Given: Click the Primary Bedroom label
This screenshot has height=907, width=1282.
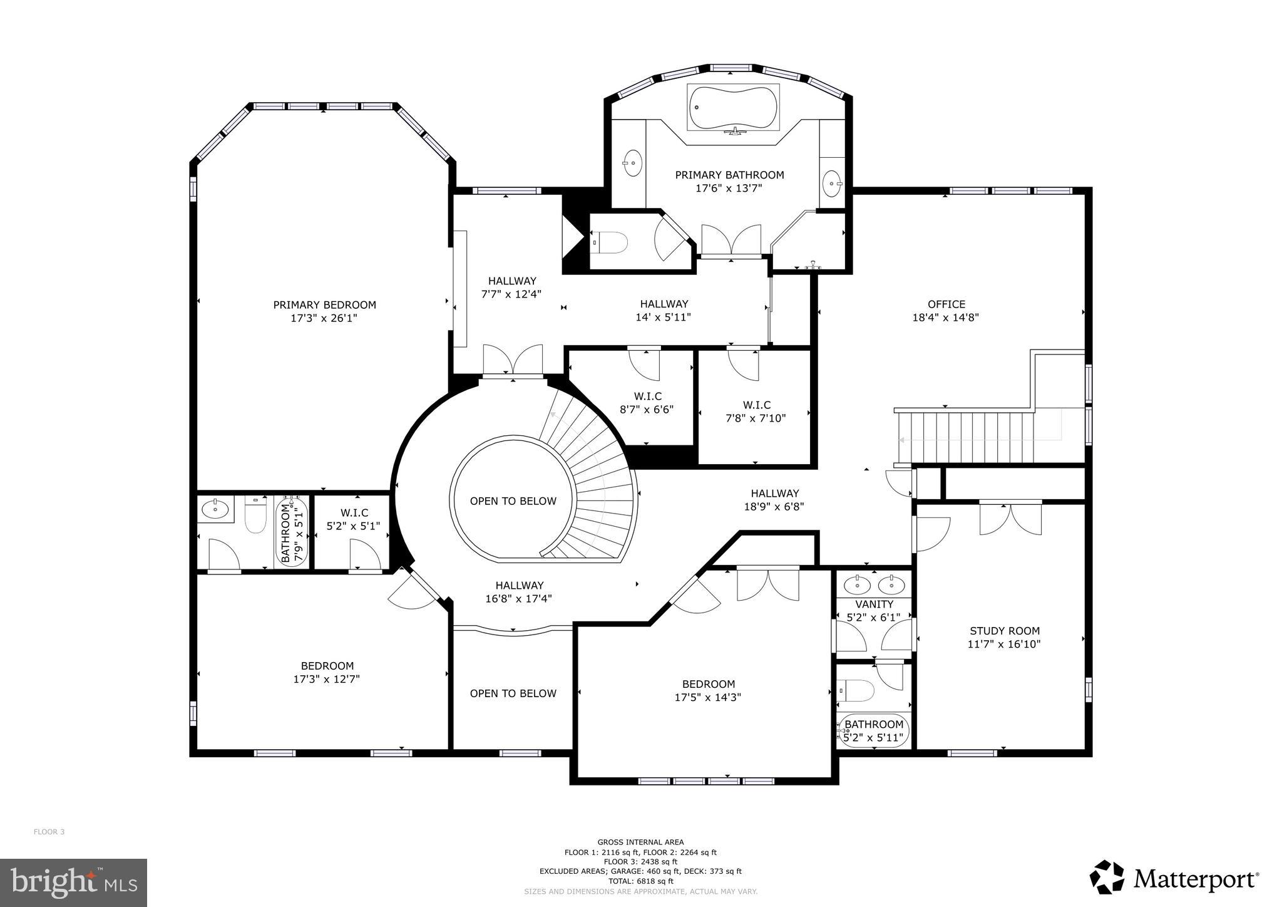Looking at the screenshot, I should pos(324,305).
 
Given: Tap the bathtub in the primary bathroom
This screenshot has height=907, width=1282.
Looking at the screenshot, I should pos(733,108).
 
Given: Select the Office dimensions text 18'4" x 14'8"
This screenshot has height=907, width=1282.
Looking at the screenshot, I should pos(945,318).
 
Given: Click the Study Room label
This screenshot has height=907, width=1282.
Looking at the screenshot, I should pos(1004,631).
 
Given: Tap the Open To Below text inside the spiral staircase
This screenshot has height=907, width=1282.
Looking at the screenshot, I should pos(513,501).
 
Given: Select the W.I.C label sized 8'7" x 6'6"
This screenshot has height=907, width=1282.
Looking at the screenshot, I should pos(647,396).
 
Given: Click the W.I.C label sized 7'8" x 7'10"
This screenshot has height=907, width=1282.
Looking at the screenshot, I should pos(756,405).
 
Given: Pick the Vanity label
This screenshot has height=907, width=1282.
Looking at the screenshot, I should pos(874,604).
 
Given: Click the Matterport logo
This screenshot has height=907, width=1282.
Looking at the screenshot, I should pos(1174,879).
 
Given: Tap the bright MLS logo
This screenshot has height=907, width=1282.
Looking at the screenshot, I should pos(73,883).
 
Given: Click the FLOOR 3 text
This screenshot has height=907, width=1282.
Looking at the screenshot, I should pos(49,832).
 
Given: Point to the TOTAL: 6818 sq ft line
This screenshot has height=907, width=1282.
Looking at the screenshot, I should pos(640,881).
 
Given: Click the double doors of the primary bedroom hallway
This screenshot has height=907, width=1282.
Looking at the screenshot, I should pos(512,360).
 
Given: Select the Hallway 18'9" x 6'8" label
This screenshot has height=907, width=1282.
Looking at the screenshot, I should pos(774,494).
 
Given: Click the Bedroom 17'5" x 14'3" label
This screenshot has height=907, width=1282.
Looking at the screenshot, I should pos(708,684).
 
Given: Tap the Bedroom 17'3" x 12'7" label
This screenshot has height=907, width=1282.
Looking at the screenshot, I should pos(327,666).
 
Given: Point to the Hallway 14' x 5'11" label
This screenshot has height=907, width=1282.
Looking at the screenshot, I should pos(664,304).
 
